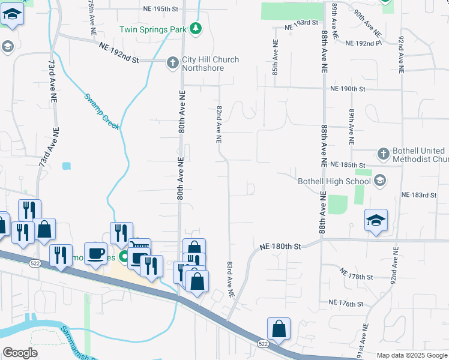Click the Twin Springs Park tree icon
pyautogui.click(x=195, y=28)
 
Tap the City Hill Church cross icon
pyautogui.click(x=172, y=61)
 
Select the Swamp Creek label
pyautogui.click(x=102, y=111)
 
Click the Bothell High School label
pyautogui.click(x=334, y=181)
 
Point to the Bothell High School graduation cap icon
pyautogui.click(x=379, y=180)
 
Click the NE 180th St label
pyautogui.click(x=280, y=246)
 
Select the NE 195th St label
pyautogui.click(x=161, y=10)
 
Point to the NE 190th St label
pyautogui.click(x=348, y=89)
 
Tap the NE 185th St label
pyautogui.click(x=348, y=164)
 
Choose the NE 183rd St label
pyautogui.click(x=418, y=195)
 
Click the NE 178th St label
pyautogui.click(x=356, y=275)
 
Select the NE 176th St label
pyautogui.click(x=346, y=304)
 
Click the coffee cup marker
pyautogui.click(x=95, y=253)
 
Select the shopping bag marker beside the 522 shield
pyautogui.click(x=279, y=329)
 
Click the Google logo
pyautogui.click(x=20, y=353)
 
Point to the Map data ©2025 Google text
pyautogui.click(x=411, y=355)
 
